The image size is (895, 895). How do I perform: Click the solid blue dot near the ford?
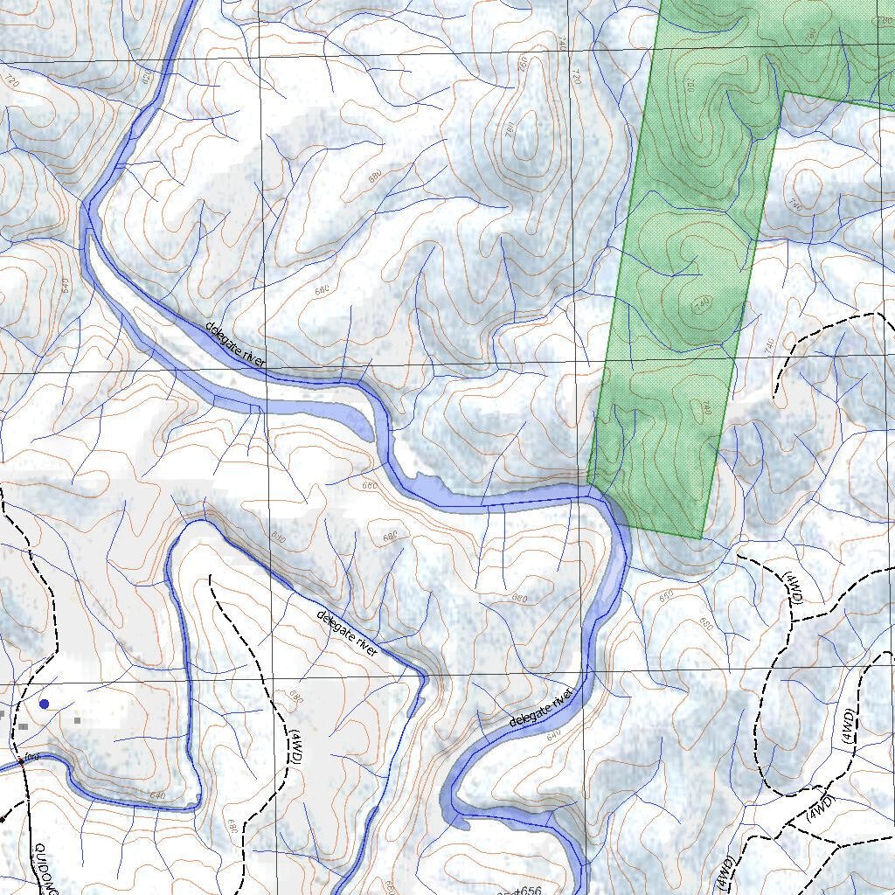pyautogui.click(x=44, y=704)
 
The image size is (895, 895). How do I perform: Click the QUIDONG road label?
pyautogui.click(x=45, y=870)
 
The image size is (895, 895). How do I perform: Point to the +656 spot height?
pyautogui.click(x=525, y=890)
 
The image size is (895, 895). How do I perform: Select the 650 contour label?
pyautogui.click(x=667, y=596)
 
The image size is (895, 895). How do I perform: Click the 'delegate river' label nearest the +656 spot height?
pyautogui.click(x=541, y=707)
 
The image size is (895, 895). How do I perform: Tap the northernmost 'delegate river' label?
pyautogui.click(x=234, y=343)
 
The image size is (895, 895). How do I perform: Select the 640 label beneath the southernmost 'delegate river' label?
pyautogui.click(x=552, y=736)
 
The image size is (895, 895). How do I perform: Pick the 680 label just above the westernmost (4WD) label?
pyautogui.click(x=295, y=697)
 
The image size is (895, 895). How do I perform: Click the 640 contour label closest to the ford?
pyautogui.click(x=157, y=795)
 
